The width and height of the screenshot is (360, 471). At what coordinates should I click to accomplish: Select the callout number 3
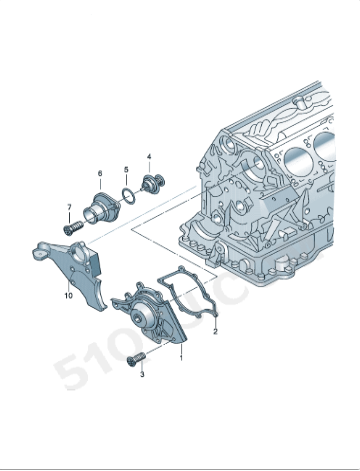click(x=142, y=374)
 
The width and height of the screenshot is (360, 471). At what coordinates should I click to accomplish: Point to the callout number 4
click(x=149, y=157)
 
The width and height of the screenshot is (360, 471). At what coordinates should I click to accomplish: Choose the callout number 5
click(x=125, y=169)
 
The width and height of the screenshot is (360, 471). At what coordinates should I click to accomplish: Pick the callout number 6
click(x=100, y=173)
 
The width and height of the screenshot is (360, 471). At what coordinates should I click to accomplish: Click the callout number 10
click(x=68, y=296)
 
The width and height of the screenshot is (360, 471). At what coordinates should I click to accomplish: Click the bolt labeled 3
click(x=136, y=358)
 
